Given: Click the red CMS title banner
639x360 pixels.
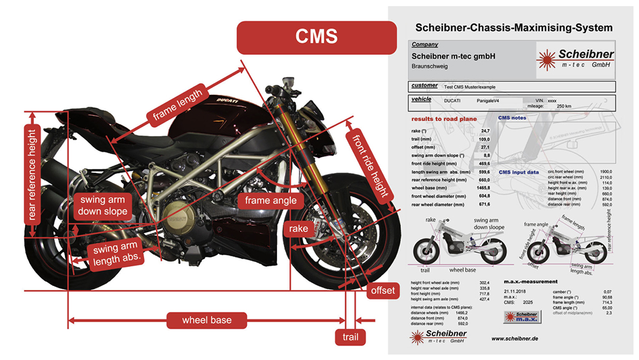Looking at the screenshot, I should [x=316, y=37].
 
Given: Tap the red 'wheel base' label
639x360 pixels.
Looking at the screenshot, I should [x=207, y=320].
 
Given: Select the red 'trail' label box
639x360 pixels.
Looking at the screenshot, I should [x=350, y=338].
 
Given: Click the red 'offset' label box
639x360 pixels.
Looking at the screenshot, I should [x=383, y=291].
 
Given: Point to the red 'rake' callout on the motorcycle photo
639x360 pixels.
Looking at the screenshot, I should [x=298, y=229].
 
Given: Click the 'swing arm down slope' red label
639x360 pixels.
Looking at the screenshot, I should [x=102, y=205].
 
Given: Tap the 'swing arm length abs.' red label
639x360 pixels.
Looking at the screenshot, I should [x=115, y=253].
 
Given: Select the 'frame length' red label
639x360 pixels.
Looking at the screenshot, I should [x=178, y=104].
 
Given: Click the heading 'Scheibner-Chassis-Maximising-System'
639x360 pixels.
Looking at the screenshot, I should [x=514, y=28].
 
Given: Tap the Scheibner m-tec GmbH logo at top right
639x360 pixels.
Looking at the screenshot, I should [x=577, y=59].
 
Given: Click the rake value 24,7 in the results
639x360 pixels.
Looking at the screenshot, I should [x=485, y=130].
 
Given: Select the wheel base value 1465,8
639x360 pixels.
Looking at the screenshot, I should [x=483, y=187].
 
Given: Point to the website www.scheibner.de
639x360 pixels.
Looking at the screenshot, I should [x=515, y=338].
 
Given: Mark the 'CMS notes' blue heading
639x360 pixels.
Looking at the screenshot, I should [x=512, y=118].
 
